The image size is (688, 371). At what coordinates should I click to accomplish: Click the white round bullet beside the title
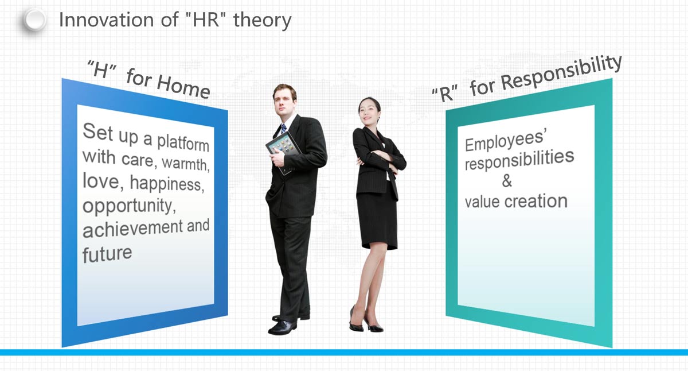click(x=35, y=20)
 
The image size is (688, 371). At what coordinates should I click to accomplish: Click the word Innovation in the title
click(x=106, y=20)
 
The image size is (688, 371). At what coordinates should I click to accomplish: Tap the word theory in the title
click(x=263, y=21)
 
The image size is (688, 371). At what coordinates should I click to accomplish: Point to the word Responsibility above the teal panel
click(x=562, y=73)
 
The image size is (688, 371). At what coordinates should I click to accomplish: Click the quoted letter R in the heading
click(x=445, y=94)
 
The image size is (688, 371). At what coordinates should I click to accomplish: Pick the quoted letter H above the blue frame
click(x=101, y=69)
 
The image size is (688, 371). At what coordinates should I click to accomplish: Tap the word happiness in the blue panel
click(x=167, y=184)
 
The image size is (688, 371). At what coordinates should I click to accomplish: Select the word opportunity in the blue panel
click(x=130, y=206)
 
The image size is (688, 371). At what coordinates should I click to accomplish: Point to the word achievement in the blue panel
click(x=132, y=229)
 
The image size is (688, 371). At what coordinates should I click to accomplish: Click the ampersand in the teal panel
click(x=507, y=180)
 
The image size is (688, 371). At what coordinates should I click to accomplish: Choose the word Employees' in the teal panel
click(x=506, y=141)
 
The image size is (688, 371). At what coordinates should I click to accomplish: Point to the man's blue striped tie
click(x=283, y=128)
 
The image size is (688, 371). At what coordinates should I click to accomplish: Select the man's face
click(x=284, y=102)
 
